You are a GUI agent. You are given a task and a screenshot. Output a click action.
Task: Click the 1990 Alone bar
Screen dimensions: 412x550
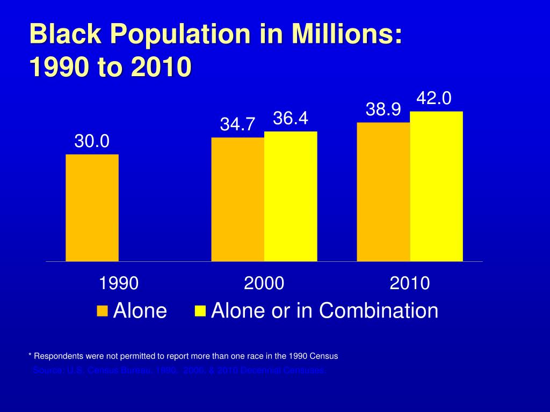coord(92,208)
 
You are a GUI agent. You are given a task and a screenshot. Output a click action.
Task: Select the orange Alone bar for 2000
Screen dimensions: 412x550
coord(237,200)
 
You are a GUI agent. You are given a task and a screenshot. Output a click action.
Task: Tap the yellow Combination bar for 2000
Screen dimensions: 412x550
coord(291,196)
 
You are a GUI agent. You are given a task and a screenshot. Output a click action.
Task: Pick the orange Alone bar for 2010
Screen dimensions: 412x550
coord(383,192)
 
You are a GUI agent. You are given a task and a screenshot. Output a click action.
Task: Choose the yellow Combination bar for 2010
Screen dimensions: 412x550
coord(436,187)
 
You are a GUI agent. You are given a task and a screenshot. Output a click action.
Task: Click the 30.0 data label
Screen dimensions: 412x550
coord(92,142)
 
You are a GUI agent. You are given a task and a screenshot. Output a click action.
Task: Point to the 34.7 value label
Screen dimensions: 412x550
coord(237,124)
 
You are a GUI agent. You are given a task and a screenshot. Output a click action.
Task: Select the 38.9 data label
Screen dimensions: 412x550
coord(383,109)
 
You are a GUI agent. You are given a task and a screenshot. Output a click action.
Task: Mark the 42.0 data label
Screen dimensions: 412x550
coord(435,98)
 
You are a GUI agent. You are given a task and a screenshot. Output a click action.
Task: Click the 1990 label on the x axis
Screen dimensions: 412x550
coord(119,283)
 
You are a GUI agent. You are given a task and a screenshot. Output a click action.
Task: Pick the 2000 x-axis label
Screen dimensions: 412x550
coord(264,283)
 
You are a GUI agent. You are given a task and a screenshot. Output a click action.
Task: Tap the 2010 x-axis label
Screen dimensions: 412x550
coord(410,283)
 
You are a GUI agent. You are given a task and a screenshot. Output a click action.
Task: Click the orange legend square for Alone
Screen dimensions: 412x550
coord(103,311)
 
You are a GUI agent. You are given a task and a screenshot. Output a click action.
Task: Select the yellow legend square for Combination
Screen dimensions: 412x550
coord(200,311)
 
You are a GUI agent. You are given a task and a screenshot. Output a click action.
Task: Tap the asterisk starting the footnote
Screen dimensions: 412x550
coord(30,356)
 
